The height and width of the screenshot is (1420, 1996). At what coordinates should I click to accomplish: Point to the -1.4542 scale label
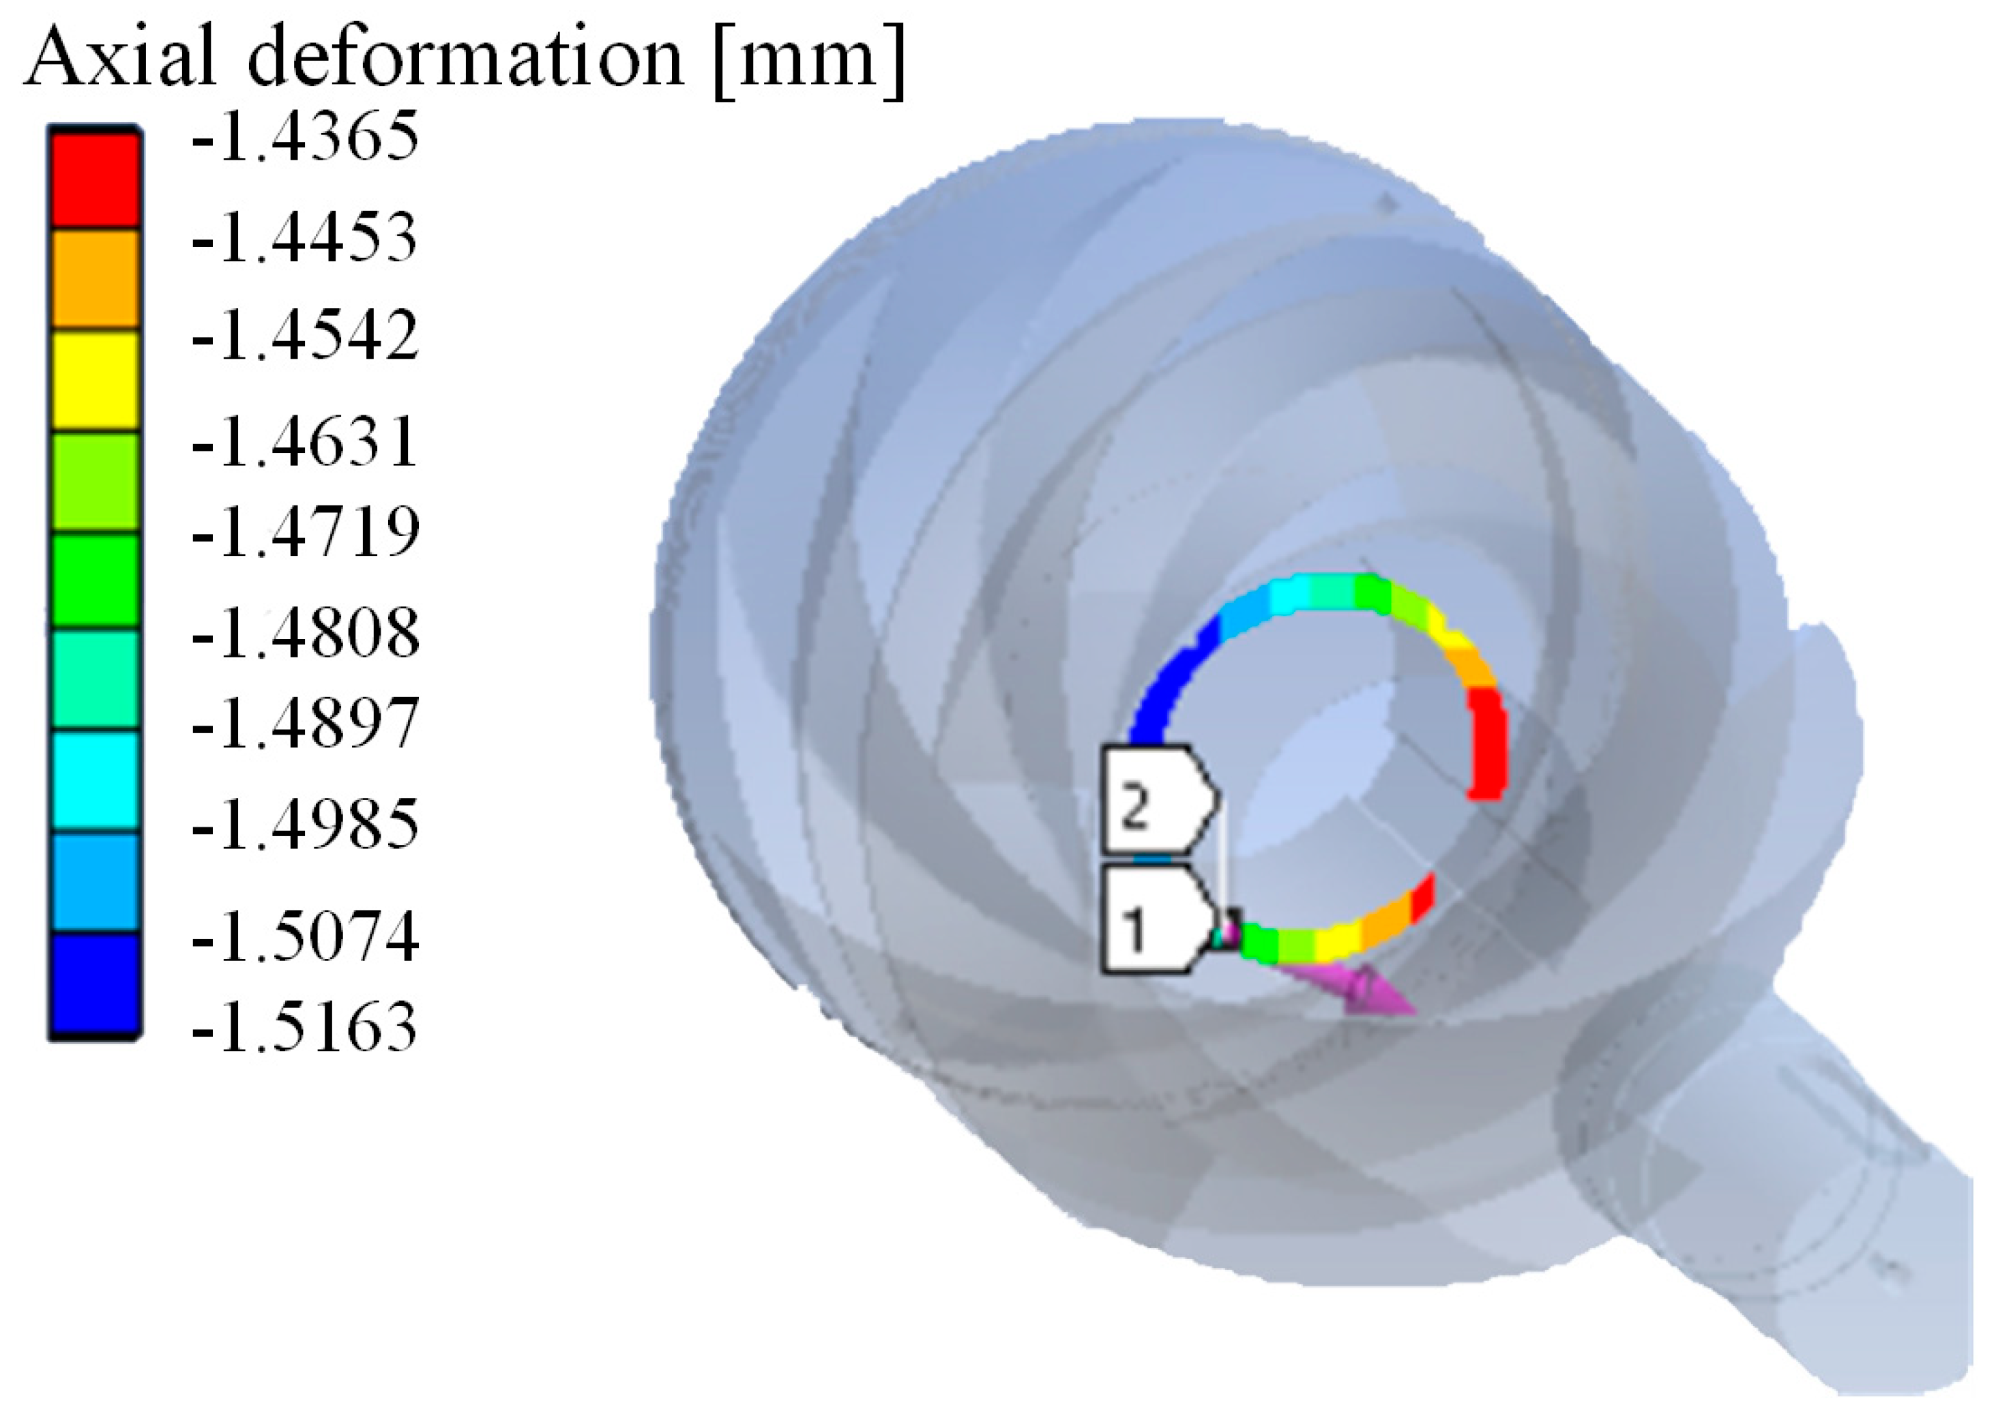tap(304, 336)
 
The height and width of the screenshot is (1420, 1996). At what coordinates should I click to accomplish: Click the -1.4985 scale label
tap(304, 824)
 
